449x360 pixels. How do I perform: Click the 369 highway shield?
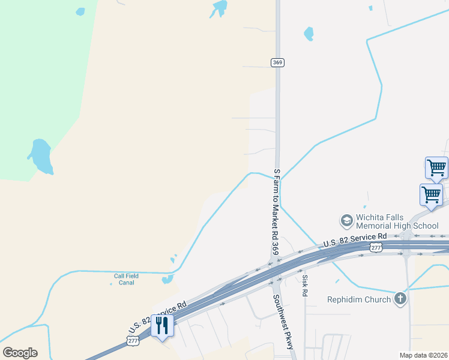pos(277,62)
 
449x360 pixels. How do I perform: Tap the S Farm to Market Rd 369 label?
pos(276,211)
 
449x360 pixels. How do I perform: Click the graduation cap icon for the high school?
pos(346,221)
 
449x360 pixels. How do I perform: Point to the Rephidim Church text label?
pos(359,299)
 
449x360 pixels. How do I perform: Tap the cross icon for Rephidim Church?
pos(401,299)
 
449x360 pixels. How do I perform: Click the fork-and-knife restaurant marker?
pos(162,326)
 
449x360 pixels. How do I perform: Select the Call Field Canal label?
pos(126,280)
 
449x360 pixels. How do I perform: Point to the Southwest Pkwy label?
pos(282,316)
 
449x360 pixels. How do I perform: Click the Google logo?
pos(20,353)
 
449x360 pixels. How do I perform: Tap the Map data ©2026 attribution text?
pos(423,355)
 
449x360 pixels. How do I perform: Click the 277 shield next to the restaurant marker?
pos(132,340)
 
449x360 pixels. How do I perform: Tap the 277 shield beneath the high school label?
pos(376,247)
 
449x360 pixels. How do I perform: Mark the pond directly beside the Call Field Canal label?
pos(167,279)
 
